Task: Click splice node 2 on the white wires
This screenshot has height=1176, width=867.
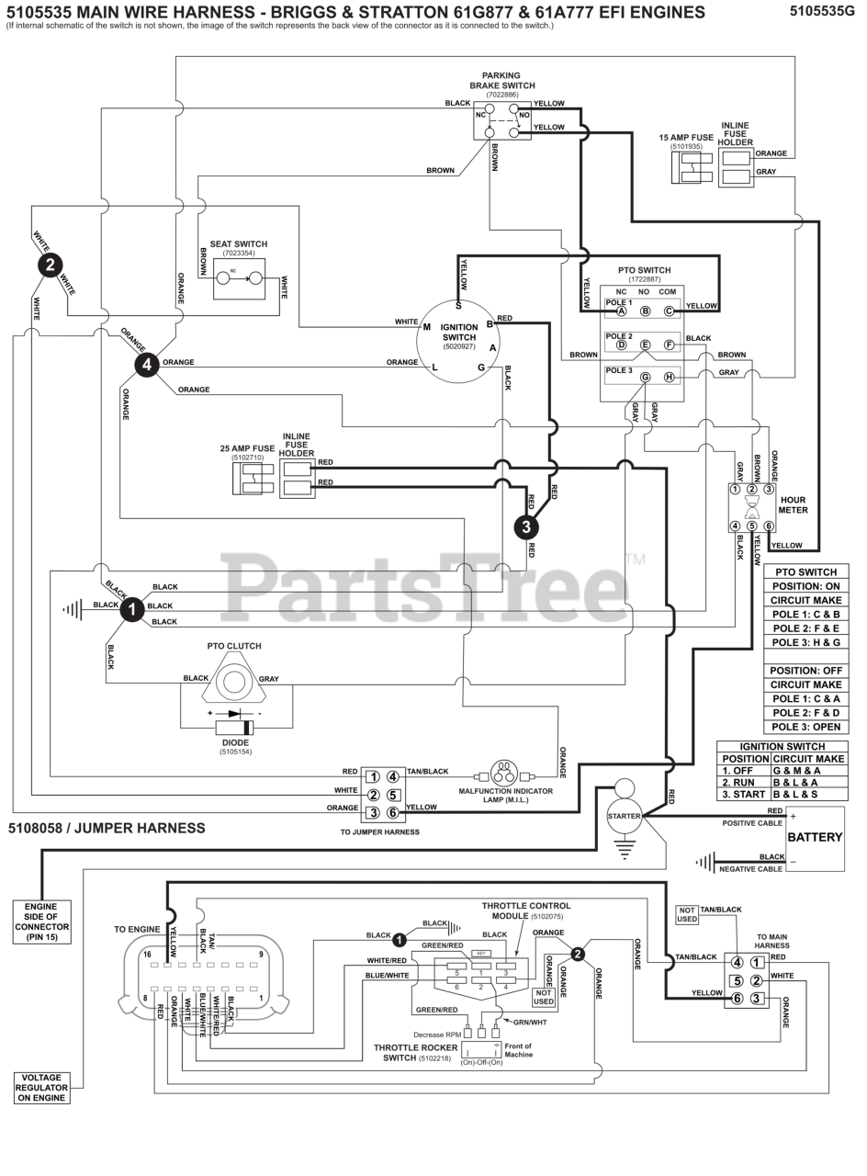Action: click(x=50, y=266)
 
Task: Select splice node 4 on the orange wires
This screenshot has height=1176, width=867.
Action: click(x=146, y=365)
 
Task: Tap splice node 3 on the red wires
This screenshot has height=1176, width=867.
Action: click(x=525, y=526)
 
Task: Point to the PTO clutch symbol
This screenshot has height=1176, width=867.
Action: click(x=233, y=681)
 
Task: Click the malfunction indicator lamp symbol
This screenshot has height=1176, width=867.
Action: click(x=504, y=772)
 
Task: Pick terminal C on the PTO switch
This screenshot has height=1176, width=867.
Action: click(x=669, y=311)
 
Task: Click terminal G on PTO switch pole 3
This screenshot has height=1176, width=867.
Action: click(x=645, y=378)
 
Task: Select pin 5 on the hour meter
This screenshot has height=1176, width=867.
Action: click(x=752, y=526)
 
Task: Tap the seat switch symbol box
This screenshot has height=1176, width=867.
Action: click(x=239, y=278)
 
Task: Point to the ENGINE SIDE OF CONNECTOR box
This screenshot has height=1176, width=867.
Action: click(x=41, y=921)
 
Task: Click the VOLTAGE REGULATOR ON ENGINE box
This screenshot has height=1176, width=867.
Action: click(x=41, y=1088)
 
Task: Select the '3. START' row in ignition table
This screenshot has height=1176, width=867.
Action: click(x=782, y=794)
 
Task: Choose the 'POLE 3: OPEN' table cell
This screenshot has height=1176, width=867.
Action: click(x=805, y=727)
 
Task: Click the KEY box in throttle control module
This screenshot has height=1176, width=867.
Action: click(x=480, y=954)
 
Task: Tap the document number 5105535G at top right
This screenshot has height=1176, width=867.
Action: click(x=824, y=11)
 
